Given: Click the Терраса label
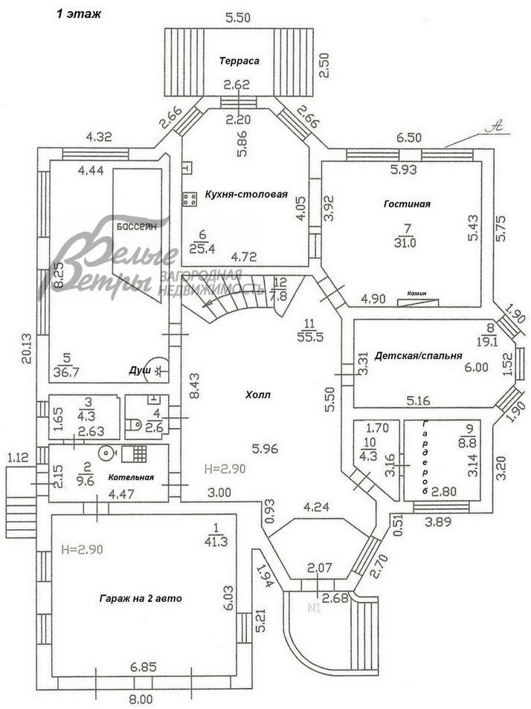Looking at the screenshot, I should tap(239, 61).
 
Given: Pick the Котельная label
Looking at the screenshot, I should tap(130, 477).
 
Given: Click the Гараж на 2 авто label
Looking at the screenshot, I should tap(139, 598).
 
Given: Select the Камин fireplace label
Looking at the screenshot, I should tap(416, 293).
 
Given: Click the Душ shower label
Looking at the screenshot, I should tap(139, 369).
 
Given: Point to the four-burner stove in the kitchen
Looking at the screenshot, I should tap(189, 198).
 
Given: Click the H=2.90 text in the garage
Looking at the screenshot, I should tap(80, 551).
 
